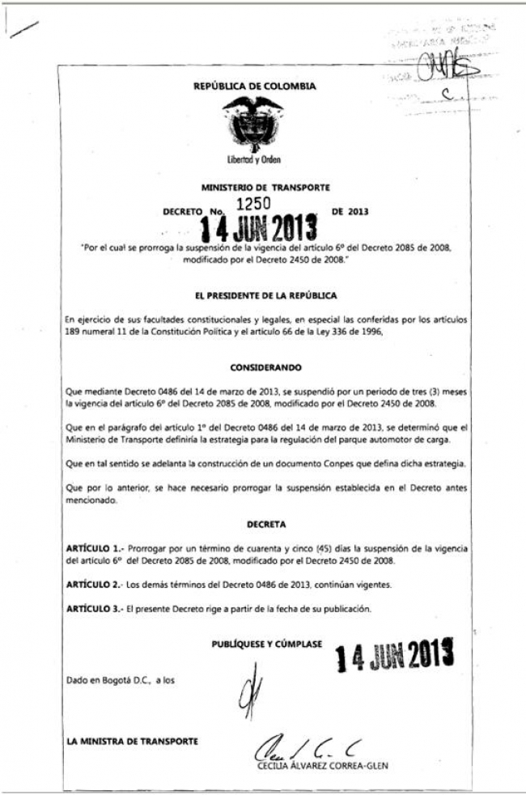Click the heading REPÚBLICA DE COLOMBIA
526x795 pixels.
coord(255,86)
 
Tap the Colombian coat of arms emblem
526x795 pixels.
coord(252,123)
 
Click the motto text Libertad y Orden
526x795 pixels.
coord(253,160)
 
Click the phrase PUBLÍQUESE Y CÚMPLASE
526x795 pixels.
coord(267,644)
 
